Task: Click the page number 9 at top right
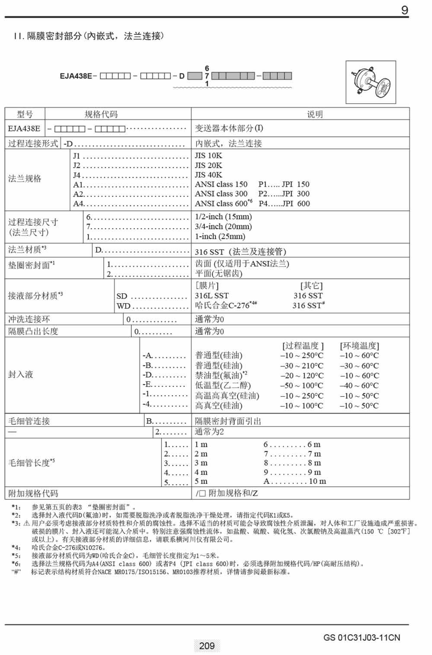404,10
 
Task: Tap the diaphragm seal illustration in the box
371,82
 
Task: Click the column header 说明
314,114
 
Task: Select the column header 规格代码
101,114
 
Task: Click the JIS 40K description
208,175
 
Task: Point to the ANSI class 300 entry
221,194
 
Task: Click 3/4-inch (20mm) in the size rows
223,226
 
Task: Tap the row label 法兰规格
25,178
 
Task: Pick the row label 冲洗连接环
29,319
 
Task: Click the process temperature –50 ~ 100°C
302,385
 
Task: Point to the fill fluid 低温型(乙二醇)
223,385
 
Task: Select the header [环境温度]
359,346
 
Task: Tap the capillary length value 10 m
318,481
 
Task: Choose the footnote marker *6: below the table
16,564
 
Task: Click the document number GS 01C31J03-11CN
362,638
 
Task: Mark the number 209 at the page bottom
207,645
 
